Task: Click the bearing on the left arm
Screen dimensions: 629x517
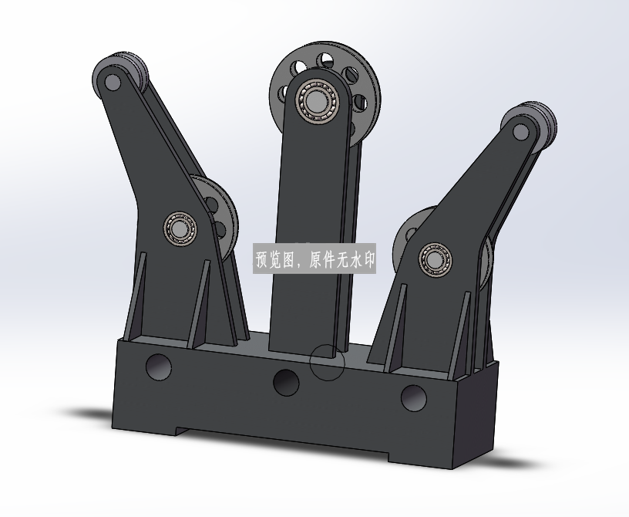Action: [x=180, y=228]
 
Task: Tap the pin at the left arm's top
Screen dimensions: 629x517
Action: [x=113, y=83]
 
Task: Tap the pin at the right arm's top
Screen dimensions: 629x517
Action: [x=520, y=132]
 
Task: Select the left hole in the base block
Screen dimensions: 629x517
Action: [x=159, y=367]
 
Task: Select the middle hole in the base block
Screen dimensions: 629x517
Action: [x=286, y=383]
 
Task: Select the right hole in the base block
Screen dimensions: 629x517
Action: [x=414, y=398]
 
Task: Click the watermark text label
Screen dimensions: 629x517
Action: [x=314, y=259]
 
